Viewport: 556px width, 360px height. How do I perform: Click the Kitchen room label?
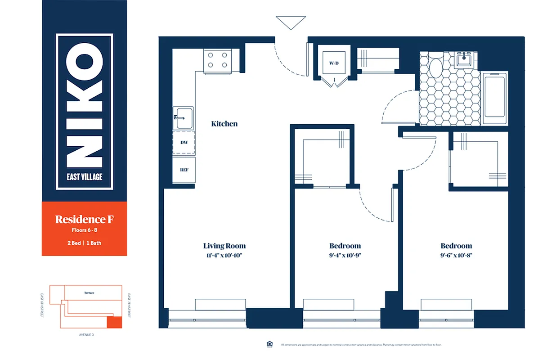(x=224, y=124)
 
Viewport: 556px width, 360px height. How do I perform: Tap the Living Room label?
(x=224, y=246)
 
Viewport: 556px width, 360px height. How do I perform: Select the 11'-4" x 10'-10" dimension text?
(x=224, y=255)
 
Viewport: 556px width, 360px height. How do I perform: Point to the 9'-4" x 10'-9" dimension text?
(x=345, y=255)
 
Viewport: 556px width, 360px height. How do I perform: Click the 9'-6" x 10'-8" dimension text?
(x=456, y=255)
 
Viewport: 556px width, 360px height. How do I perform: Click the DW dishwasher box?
(x=184, y=142)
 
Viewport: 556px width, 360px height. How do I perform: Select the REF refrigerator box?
(x=184, y=170)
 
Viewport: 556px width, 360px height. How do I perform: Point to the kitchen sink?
(x=183, y=118)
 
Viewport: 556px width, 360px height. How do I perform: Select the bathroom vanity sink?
(x=463, y=59)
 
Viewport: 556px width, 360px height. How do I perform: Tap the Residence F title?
(x=84, y=220)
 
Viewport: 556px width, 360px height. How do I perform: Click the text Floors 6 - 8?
(x=84, y=231)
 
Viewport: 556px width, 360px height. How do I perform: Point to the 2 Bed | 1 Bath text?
(x=84, y=243)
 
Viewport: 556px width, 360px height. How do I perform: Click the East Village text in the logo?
(x=85, y=177)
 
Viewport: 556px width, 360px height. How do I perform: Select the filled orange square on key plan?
(x=114, y=322)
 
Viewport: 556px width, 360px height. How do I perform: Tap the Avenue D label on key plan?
(x=85, y=335)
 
